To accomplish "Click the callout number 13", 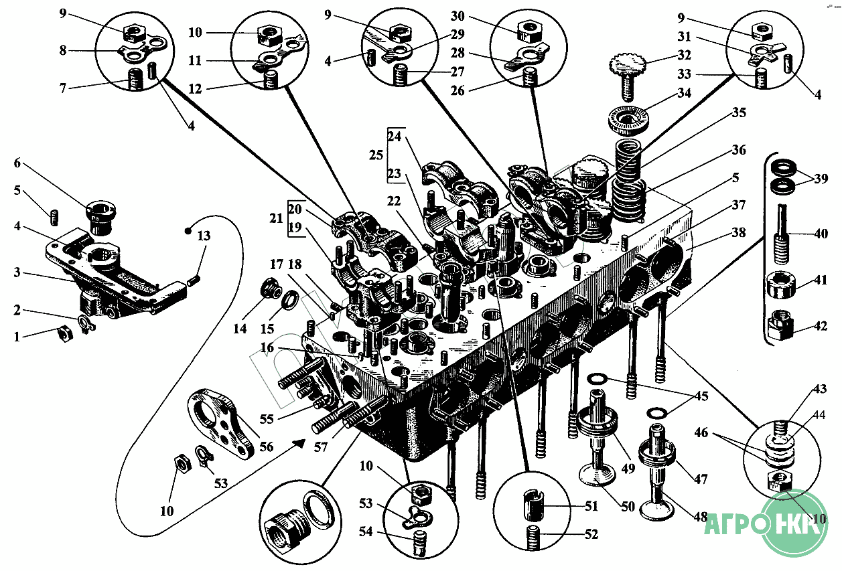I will pyautogui.click(x=203, y=236).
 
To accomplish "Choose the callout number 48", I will pyautogui.click(x=700, y=516).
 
